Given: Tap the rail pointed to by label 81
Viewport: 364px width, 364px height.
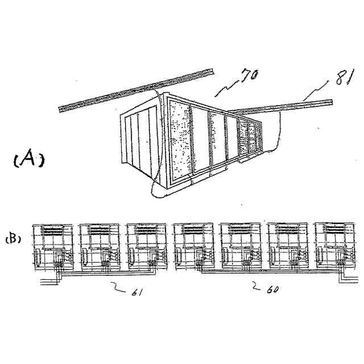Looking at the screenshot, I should coord(279,107).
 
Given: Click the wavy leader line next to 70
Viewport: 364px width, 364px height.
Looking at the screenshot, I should coord(225,85).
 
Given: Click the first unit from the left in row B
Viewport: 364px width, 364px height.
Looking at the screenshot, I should coord(53,246).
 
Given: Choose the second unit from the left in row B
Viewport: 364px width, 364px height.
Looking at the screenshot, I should coord(100,246).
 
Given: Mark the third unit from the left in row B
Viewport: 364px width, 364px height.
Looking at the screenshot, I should coord(146,246).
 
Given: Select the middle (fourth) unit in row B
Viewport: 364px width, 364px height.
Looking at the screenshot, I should coord(193,246).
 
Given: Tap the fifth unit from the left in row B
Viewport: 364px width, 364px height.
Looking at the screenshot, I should coord(240,246).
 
